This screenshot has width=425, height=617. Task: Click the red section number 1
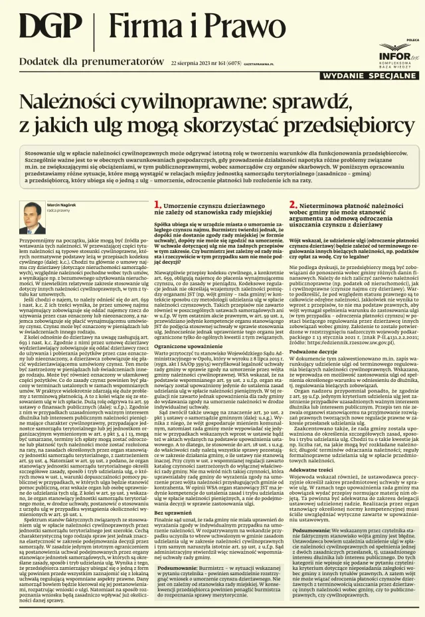tap(157, 206)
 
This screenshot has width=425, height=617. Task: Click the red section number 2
tap(292, 206)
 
